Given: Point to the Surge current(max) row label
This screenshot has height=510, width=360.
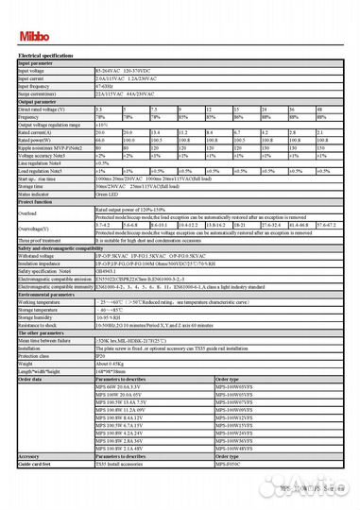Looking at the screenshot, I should [43, 94].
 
